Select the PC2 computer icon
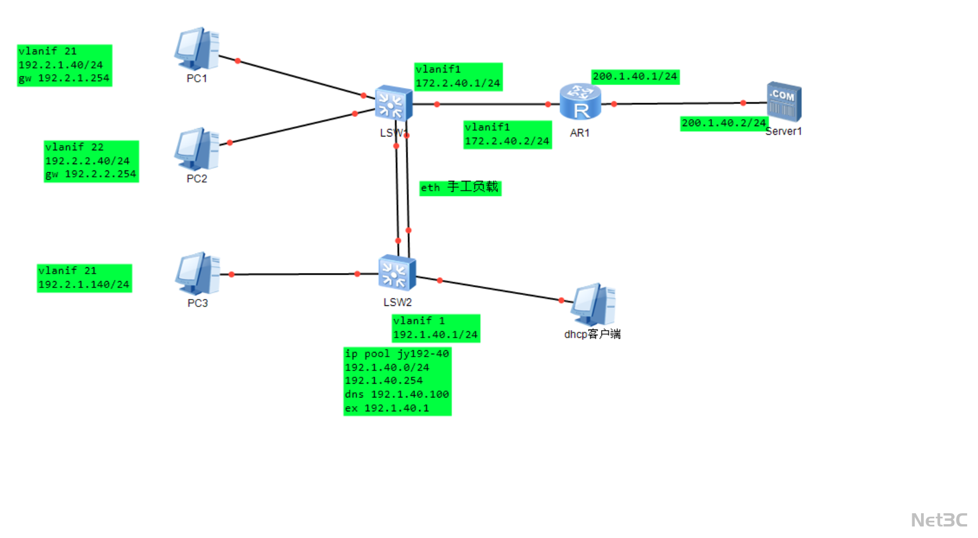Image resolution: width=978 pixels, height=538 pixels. pos(197,149)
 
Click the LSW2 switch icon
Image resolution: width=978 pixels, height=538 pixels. pos(397,273)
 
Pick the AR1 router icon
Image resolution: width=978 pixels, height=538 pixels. pos(580,102)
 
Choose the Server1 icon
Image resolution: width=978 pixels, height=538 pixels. pos(783,101)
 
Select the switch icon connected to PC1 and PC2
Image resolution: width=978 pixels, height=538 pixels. pos(393,104)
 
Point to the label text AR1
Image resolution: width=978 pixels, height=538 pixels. pos(580,133)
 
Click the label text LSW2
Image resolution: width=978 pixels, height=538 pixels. pos(397,302)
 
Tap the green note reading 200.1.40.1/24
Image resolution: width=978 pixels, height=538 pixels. pos(635,77)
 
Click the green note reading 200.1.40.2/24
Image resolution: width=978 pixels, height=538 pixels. pos(724,123)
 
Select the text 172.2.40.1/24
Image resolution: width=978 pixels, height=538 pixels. pos(458,84)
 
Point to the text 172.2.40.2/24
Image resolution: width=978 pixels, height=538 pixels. pos(507,141)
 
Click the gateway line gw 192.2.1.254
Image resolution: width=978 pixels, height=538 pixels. pos(64,78)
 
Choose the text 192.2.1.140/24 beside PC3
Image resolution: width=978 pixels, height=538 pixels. pos(84,285)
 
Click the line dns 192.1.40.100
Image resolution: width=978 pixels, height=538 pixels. pos(397,395)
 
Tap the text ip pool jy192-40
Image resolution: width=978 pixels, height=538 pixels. pos(397,354)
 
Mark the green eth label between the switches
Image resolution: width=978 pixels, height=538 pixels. pos(460,188)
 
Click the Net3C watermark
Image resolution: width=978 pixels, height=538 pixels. pos(939,520)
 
